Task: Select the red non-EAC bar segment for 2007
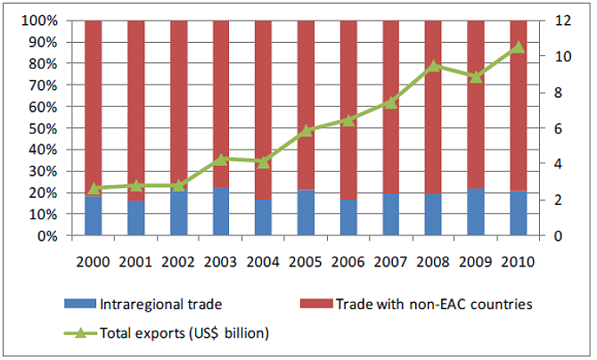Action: (390, 107)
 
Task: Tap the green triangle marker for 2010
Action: (518, 46)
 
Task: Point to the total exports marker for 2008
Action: (433, 66)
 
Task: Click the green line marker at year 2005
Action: (306, 131)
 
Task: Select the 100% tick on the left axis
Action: (40, 20)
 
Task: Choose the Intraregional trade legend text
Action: (159, 304)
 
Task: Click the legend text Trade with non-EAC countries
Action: (434, 304)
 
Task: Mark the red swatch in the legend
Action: (315, 304)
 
